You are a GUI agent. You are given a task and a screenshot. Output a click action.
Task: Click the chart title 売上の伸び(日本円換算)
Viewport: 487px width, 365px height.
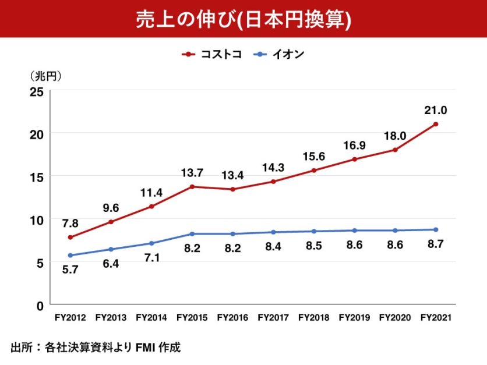click(x=243, y=19)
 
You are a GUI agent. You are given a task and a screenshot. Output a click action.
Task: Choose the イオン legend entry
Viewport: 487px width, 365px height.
click(x=280, y=55)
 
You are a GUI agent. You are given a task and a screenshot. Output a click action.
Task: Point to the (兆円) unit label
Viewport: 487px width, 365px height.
click(x=46, y=76)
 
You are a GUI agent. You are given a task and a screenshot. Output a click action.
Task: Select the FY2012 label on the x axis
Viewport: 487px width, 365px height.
click(x=70, y=318)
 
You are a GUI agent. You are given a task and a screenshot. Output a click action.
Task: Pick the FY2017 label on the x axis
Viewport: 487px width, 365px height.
click(x=273, y=318)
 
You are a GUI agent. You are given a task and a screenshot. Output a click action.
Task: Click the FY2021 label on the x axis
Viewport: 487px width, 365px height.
click(x=436, y=318)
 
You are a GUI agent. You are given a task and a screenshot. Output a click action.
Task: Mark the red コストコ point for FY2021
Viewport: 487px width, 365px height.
click(x=436, y=124)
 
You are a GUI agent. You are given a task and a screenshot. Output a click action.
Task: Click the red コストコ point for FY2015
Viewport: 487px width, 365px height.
click(x=192, y=187)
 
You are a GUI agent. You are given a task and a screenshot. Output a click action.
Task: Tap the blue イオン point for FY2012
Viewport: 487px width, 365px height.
click(x=70, y=256)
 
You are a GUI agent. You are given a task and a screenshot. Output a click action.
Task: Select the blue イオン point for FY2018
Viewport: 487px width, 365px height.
click(x=314, y=231)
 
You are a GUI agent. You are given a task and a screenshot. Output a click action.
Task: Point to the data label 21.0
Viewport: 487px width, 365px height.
click(x=436, y=110)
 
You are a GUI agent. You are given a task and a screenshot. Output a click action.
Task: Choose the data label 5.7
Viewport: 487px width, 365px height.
click(x=70, y=270)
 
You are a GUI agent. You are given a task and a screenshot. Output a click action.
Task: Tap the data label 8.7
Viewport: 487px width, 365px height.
click(x=436, y=245)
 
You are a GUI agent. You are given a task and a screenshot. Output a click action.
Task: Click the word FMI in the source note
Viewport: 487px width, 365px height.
click(x=144, y=348)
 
